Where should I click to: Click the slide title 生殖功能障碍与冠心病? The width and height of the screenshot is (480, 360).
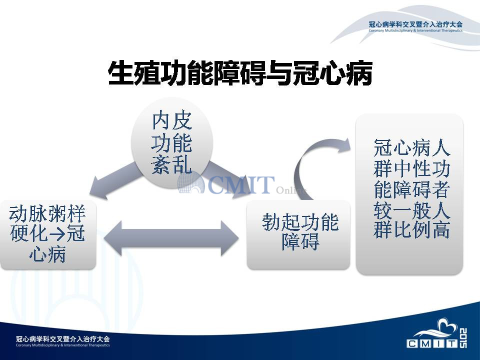pos(240,72)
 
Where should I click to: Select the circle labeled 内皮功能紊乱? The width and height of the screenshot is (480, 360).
pos(171,142)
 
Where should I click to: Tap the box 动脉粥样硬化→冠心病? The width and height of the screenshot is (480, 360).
pos(48,235)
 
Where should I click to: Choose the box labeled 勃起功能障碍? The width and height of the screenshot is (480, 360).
pos(298,235)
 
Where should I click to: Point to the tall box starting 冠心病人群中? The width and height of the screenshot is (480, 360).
pos(409,194)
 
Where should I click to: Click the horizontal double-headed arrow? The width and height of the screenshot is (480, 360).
pos(171,238)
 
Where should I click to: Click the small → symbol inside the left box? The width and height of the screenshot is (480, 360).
pos(57,234)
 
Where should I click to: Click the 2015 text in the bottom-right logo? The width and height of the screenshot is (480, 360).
pos(463,337)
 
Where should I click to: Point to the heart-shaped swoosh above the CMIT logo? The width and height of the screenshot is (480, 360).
pos(439,329)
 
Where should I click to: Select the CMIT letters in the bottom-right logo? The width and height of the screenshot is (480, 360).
pos(432,343)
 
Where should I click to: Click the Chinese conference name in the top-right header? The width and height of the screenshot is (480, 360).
pos(415,24)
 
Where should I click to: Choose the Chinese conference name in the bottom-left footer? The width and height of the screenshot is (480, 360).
pos(63,339)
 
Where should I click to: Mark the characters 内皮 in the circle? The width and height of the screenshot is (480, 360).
pos(171,120)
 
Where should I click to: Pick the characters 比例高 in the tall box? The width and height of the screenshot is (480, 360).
pos(422,229)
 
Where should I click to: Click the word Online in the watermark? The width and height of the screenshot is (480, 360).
pos(291,190)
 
